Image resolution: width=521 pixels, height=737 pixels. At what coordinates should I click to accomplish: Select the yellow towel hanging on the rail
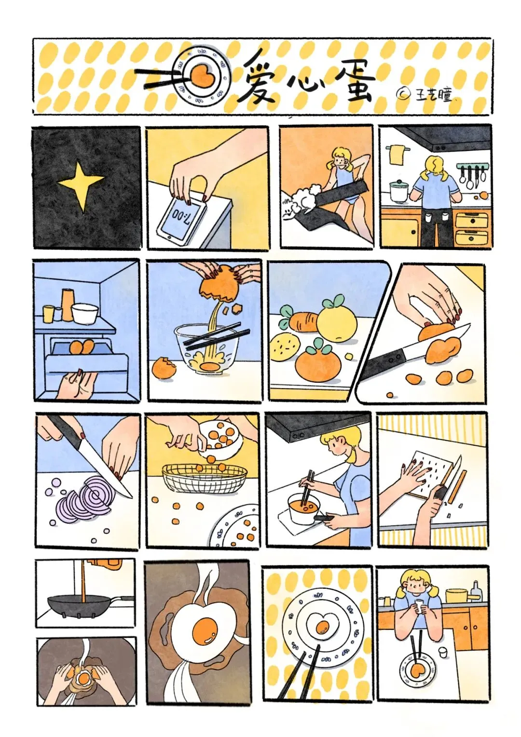(x=397, y=155)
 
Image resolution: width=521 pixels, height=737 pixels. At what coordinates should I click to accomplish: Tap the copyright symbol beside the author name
(x=404, y=93)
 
